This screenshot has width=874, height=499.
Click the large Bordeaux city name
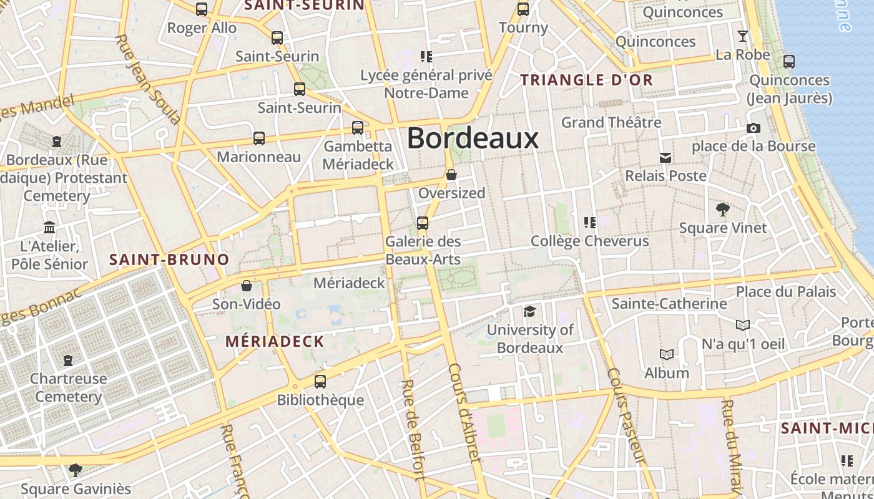[473, 138]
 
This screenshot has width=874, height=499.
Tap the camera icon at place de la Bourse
[754, 128]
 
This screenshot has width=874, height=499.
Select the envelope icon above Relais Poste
[666, 158]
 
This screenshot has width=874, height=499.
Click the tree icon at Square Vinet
[723, 210]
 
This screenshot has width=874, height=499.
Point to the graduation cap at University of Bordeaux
[530, 311]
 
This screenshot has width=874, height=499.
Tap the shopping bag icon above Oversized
[451, 175]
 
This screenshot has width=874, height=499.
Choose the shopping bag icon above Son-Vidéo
[247, 286]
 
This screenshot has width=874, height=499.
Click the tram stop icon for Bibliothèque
[320, 381]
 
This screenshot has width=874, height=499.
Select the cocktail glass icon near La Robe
[743, 36]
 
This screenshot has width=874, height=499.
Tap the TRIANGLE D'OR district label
[587, 80]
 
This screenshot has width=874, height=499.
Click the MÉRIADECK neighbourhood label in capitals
[275, 341]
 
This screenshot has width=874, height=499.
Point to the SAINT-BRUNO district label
[170, 259]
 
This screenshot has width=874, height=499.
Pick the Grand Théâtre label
[611, 122]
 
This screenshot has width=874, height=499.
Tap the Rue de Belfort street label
[413, 430]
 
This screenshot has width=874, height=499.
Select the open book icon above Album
[667, 355]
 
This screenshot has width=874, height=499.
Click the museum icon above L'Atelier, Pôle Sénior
[49, 228]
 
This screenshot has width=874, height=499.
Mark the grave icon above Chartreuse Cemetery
[68, 361]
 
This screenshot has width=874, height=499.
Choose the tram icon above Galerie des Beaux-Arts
[423, 223]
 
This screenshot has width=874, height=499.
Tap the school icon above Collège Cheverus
[589, 223]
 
